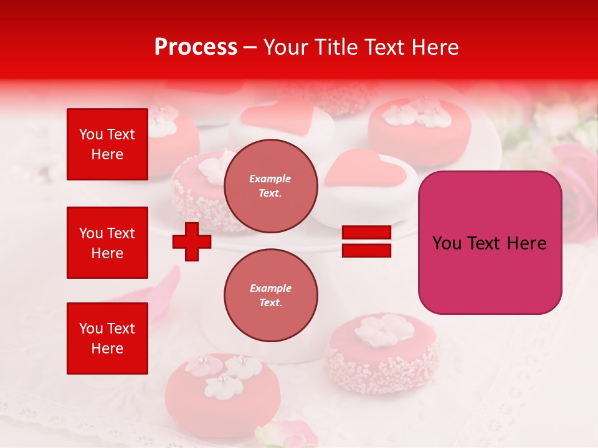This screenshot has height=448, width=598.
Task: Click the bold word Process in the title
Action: (x=196, y=47)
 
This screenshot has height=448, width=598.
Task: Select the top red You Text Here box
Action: (x=107, y=144)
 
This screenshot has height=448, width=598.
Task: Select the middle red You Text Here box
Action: (x=107, y=243)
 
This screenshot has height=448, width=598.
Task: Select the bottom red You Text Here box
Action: (x=107, y=338)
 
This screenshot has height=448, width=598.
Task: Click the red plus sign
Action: (x=192, y=241)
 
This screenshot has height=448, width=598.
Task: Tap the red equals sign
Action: (x=366, y=241)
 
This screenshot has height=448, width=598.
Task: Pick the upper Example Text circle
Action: (x=270, y=185)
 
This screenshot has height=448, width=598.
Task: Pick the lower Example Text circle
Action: (x=270, y=295)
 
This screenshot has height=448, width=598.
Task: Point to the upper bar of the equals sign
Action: (x=366, y=233)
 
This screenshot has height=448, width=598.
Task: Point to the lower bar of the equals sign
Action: (x=366, y=250)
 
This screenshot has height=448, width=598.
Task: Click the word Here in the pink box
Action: (x=526, y=243)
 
